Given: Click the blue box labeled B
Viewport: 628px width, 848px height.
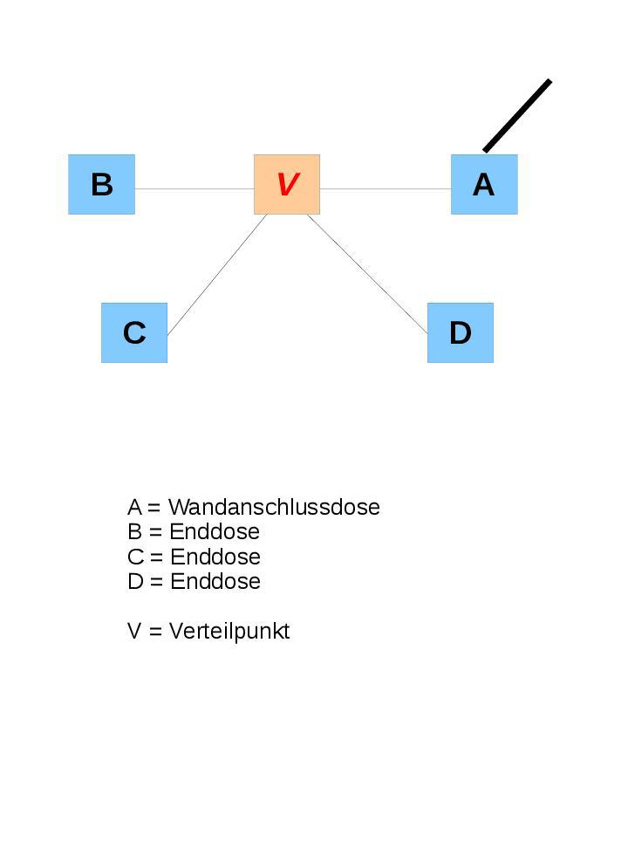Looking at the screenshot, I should [102, 184].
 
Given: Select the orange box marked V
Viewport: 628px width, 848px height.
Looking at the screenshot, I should [287, 184].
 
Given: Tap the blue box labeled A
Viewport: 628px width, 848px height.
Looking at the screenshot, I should [484, 184].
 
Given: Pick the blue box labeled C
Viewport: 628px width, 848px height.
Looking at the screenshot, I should [134, 332].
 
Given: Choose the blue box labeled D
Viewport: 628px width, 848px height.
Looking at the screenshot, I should [461, 332].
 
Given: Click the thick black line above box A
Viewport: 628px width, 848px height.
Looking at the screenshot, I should [517, 115].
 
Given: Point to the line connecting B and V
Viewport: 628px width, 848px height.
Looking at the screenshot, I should [194, 188].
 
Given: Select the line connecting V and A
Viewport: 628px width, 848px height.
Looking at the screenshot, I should [386, 188].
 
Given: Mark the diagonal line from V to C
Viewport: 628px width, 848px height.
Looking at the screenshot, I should [217, 274].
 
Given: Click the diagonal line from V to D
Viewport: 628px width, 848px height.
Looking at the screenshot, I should [367, 274].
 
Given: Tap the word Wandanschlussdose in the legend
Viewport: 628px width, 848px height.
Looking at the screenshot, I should [274, 507].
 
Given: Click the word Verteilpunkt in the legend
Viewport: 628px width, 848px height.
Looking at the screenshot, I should [229, 631].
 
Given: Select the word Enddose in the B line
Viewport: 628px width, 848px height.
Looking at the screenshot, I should [215, 531].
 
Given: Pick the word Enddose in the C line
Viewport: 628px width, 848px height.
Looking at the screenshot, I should [215, 557].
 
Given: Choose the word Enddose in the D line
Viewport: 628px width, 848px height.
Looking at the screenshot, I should [215, 581].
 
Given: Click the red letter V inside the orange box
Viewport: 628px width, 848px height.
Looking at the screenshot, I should [287, 184].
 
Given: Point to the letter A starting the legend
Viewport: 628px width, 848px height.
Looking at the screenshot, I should [134, 507].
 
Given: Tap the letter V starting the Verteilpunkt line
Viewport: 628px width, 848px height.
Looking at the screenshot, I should [134, 631].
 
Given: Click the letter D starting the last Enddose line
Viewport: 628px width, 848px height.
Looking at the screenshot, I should [135, 581].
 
